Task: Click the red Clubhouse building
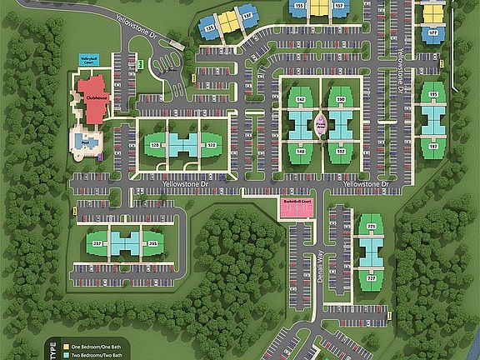pyautogui.click(x=94, y=96)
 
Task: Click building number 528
pyautogui.click(x=154, y=145)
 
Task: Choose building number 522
pyautogui.click(x=212, y=145)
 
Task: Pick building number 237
pyautogui.click(x=97, y=243)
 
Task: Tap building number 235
pyautogui.click(x=152, y=243)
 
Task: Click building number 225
pyautogui.click(x=371, y=227)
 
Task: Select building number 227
pyautogui.click(x=371, y=278)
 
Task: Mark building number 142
pyautogui.click(x=300, y=99)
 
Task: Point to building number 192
pyautogui.click(x=340, y=151)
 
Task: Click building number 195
pyautogui.click(x=432, y=95)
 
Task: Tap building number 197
pyautogui.click(x=432, y=146)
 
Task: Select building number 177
pyautogui.click(x=432, y=33)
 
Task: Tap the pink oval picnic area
pyautogui.click(x=320, y=125)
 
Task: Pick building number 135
pyautogui.click(x=210, y=28)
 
